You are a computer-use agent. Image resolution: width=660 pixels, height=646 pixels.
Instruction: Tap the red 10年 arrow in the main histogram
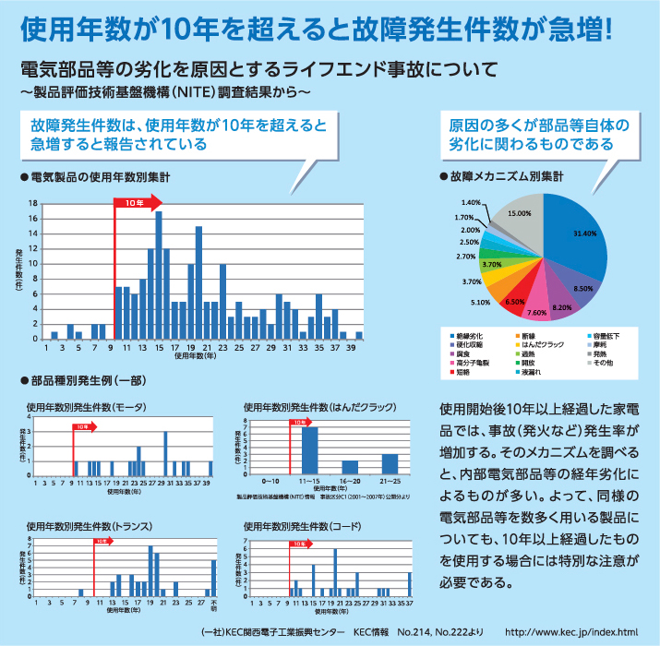pyautogui.click(x=138, y=201)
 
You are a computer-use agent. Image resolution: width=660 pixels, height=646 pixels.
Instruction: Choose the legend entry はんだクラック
pyautogui.click(x=544, y=343)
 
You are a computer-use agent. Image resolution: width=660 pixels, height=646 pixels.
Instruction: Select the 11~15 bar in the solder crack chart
pyautogui.click(x=309, y=450)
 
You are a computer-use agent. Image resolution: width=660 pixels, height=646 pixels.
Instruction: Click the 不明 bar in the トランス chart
pyautogui.click(x=213, y=578)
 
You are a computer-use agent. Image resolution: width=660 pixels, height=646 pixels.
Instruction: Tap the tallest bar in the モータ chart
pyautogui.click(x=165, y=453)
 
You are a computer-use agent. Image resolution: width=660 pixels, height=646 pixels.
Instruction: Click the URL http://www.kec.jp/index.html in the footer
pyautogui.click(x=572, y=632)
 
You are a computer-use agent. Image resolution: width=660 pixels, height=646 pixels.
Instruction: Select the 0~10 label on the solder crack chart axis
pyautogui.click(x=270, y=482)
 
